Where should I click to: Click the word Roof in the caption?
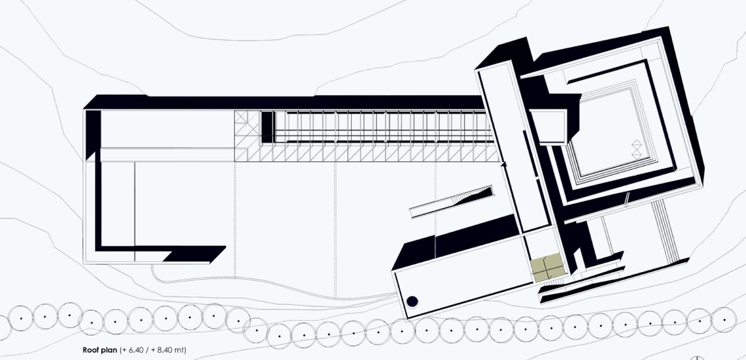point(90,350)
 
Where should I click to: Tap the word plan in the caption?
point(109,350)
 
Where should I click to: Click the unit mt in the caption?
point(179,350)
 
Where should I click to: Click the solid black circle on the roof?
point(412,301)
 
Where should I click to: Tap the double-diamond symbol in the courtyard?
point(636,149)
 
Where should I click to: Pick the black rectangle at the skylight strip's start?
point(267,127)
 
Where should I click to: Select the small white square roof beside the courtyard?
point(548,127)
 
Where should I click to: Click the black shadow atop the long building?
point(283,102)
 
